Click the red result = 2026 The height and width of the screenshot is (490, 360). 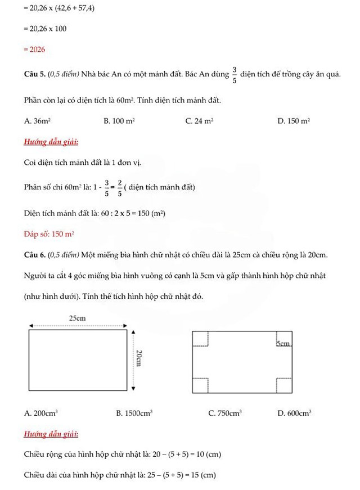[34, 50]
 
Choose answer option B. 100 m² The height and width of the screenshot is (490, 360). [119, 121]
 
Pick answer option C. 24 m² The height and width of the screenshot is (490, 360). [199, 121]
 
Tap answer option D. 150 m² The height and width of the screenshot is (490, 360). [294, 121]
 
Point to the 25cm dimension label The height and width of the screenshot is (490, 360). [78, 318]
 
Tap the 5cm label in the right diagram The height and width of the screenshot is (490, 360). [283, 343]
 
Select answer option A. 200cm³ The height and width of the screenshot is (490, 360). [41, 413]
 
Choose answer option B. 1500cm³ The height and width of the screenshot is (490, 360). [134, 413]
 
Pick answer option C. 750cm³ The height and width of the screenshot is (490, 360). [225, 413]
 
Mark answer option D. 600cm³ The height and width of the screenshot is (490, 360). [294, 413]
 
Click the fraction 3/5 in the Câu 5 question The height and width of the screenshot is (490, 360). [234, 75]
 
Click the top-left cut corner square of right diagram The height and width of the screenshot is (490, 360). [201, 339]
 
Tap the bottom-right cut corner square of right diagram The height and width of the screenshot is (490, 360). [285, 385]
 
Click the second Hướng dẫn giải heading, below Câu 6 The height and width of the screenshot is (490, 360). [51, 434]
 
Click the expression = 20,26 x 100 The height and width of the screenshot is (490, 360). [45, 29]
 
